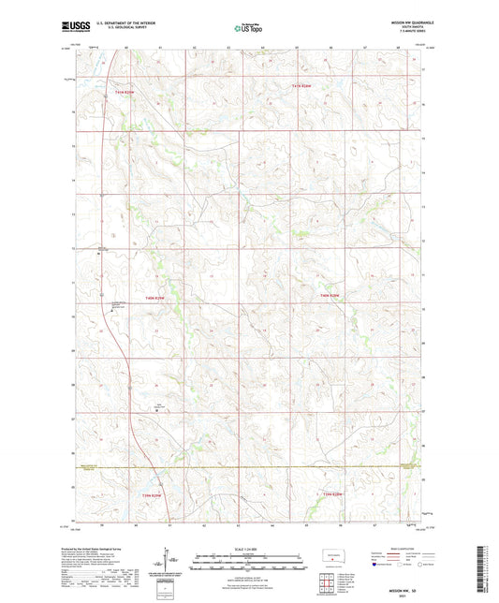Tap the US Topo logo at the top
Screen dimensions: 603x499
(248, 29)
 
